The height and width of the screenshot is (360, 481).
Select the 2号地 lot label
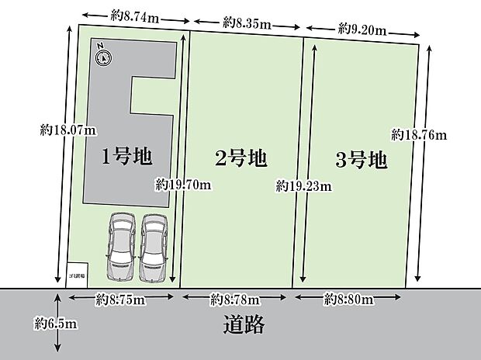click(240, 159)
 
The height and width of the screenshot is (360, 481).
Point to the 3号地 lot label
click(361, 161)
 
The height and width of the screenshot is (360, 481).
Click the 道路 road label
click(241, 324)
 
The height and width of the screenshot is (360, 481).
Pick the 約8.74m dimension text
click(134, 14)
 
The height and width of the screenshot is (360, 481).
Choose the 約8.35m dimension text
click(247, 24)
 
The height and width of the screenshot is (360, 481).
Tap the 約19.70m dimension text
click(183, 185)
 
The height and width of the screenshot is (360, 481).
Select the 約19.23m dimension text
click(304, 186)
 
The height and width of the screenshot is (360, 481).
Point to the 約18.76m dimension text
click(420, 134)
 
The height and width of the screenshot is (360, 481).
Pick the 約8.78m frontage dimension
click(236, 298)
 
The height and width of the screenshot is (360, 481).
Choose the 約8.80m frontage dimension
click(350, 298)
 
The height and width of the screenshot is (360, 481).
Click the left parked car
click(122, 247)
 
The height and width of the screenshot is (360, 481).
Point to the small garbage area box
click(76, 274)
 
